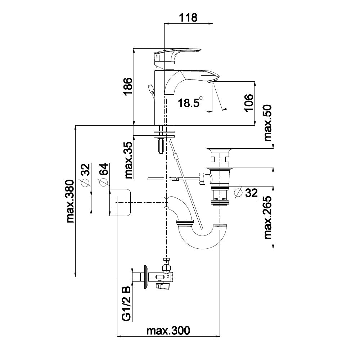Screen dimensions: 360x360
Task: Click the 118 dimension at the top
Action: pyautogui.click(x=188, y=17)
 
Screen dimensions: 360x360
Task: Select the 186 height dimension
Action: pyautogui.click(x=127, y=86)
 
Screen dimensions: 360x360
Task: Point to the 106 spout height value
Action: pyautogui.click(x=248, y=103)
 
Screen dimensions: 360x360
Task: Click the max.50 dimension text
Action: pyautogui.click(x=268, y=123)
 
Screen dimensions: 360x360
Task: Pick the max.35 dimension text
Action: pyautogui.click(x=129, y=160)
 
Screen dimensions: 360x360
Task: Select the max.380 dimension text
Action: pyautogui.click(x=71, y=201)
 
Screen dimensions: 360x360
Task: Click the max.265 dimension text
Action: pyautogui.click(x=268, y=217)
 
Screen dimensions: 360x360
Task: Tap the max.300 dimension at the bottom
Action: pyautogui.click(x=168, y=330)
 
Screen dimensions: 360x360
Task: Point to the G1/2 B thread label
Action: pyautogui.click(x=126, y=303)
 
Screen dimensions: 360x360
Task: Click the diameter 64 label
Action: pyautogui.click(x=104, y=175)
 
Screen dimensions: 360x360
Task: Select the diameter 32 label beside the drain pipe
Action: pyautogui.click(x=246, y=193)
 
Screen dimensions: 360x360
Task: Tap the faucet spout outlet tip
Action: pyautogui.click(x=212, y=81)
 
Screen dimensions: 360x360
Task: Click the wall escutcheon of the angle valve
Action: pyautogui.click(x=145, y=277)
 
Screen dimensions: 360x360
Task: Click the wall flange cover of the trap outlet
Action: pyautogui.click(x=120, y=202)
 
